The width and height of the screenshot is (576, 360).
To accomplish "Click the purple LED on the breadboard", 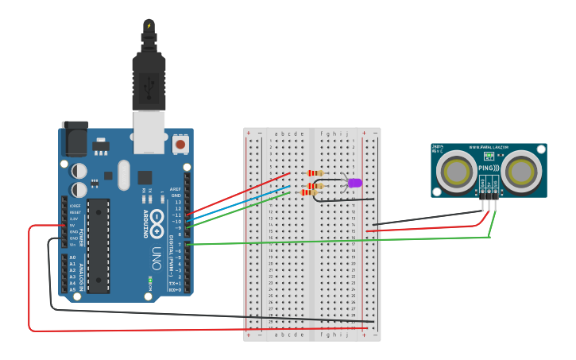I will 354,183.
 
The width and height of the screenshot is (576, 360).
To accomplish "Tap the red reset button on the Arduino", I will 180,145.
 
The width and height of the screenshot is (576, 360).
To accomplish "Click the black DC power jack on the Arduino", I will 75,138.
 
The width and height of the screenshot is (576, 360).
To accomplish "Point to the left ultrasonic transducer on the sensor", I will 455,170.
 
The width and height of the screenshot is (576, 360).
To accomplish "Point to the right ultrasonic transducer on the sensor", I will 521,170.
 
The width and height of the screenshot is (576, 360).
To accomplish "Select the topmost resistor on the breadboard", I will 315,173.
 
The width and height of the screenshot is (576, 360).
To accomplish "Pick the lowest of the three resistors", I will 309,192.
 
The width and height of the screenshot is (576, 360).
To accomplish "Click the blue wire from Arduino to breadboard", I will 238,202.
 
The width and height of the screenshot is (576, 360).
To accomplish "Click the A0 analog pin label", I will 72,257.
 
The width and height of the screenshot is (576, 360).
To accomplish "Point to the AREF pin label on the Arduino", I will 176,189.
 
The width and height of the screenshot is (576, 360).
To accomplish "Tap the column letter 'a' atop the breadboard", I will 275,134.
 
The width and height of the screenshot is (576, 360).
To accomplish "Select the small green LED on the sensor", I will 489,157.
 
